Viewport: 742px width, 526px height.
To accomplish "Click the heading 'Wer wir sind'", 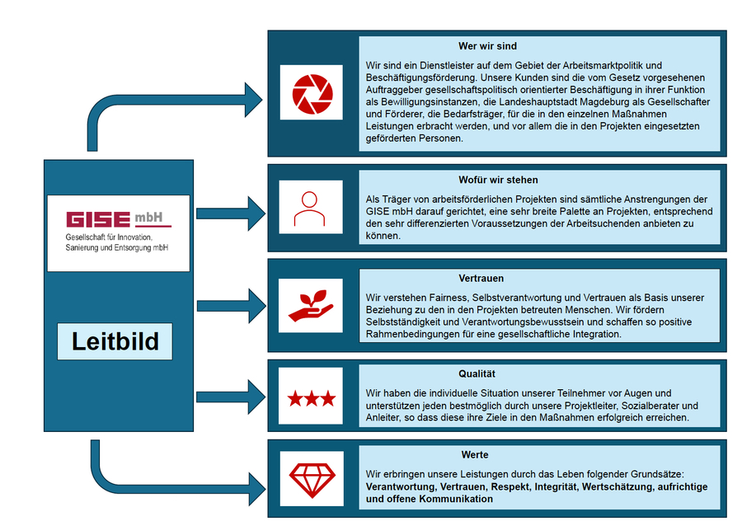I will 487,46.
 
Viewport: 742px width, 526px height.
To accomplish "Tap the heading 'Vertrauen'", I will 481,279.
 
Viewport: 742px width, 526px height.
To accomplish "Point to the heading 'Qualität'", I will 477,374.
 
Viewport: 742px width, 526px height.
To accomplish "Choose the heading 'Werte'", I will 475,454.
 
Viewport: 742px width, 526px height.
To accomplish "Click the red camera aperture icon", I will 311,92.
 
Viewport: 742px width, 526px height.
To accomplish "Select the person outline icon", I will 310,209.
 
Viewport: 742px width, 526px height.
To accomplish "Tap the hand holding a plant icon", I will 310,305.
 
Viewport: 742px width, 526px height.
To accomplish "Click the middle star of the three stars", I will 311,399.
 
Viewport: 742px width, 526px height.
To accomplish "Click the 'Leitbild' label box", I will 115,340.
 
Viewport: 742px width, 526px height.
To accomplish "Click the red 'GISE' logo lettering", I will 98,219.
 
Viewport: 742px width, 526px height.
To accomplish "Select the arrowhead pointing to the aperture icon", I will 252,95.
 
